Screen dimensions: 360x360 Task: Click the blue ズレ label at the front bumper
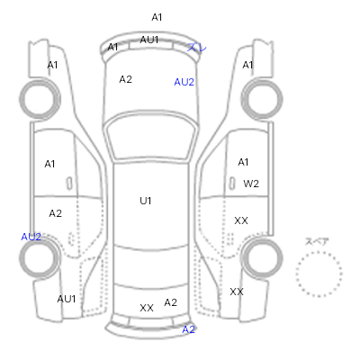coord(197,47)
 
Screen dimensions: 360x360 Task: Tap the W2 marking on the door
coord(251,184)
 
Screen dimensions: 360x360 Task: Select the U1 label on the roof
coord(146,201)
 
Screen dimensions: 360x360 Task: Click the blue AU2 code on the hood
coord(184,82)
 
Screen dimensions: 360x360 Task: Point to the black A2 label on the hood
coord(126,79)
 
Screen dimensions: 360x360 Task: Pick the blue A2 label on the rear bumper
coord(189,329)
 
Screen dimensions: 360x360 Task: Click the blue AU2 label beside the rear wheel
coord(31,237)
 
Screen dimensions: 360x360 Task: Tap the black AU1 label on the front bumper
coord(149,40)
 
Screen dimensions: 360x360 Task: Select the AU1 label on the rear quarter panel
coord(67,299)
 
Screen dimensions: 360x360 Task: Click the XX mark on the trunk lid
coord(147,308)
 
